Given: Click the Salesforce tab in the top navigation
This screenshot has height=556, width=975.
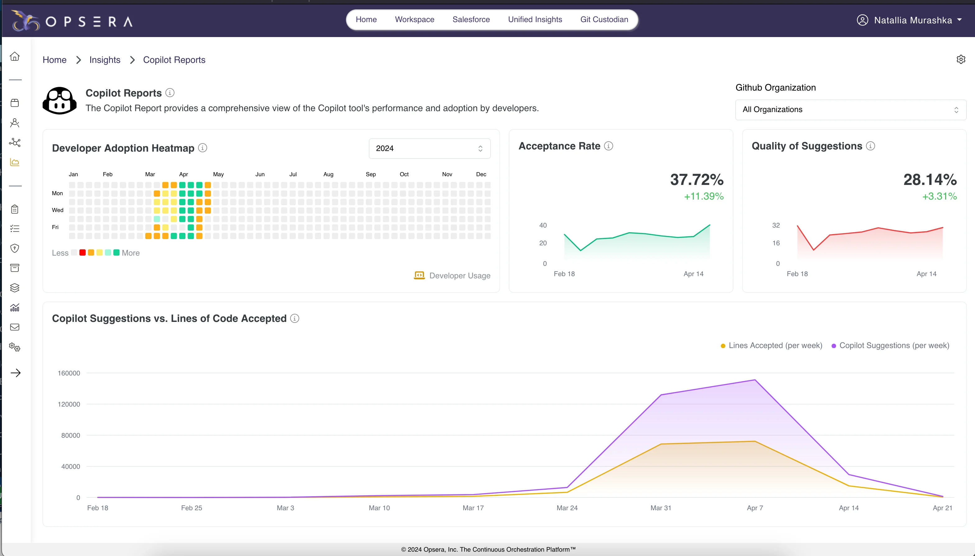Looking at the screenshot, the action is (x=471, y=20).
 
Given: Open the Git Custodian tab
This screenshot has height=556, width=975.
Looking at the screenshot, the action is (x=604, y=20).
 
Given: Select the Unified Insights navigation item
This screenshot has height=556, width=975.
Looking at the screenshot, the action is (x=535, y=20).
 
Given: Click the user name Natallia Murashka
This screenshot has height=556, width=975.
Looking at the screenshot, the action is (x=913, y=20).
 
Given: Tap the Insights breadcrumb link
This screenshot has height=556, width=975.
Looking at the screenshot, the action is (x=105, y=60).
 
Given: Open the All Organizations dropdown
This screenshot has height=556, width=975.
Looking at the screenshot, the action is (x=851, y=110).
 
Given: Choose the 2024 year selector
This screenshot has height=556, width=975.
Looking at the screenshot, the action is (x=429, y=148).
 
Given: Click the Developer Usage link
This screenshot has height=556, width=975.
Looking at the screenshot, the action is (x=452, y=276).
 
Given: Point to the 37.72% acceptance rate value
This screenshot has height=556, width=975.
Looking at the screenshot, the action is (x=697, y=180).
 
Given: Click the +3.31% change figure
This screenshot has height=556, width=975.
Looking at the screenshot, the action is (x=940, y=196).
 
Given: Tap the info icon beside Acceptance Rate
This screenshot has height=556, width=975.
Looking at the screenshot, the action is (x=609, y=146).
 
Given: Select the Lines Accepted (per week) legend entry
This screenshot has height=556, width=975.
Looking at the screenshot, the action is (x=771, y=346).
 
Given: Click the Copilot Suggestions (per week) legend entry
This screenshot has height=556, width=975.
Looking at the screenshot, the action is (x=890, y=346).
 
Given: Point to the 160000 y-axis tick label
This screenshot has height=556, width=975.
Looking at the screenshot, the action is (x=69, y=373).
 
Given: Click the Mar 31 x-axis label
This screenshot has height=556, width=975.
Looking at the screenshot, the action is (x=660, y=508).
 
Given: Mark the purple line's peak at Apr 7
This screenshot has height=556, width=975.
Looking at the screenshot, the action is (x=755, y=380).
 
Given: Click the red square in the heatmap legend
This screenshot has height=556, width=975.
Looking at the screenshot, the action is (x=82, y=252).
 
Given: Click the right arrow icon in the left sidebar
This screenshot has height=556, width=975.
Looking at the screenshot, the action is (x=16, y=373).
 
